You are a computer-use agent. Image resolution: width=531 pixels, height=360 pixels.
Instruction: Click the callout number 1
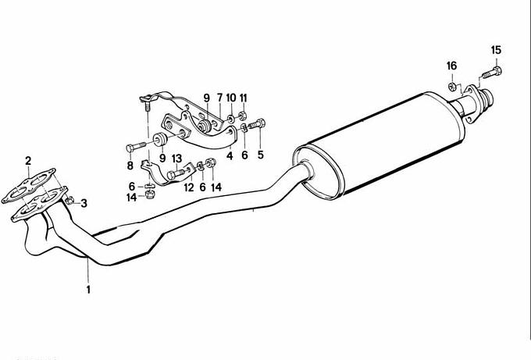tap(88, 290)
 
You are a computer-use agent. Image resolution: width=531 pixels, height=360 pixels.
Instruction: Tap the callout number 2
tap(28, 161)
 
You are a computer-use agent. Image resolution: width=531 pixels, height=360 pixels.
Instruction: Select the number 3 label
tap(84, 203)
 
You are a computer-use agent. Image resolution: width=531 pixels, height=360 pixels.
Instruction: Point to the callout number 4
tap(230, 155)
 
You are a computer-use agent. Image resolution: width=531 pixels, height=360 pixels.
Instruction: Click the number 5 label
tap(260, 155)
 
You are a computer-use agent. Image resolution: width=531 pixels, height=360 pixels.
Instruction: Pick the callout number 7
tap(219, 98)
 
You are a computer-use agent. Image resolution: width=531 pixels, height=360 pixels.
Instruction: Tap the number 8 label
tap(130, 166)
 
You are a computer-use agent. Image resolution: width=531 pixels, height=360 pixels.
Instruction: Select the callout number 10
tap(231, 98)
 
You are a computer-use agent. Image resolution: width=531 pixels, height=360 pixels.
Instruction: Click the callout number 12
tap(189, 187)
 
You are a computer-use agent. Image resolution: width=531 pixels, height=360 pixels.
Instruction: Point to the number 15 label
tap(496, 50)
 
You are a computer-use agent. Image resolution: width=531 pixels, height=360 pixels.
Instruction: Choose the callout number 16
tap(451, 66)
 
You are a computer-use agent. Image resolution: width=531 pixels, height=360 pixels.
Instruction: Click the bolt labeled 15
tap(492, 72)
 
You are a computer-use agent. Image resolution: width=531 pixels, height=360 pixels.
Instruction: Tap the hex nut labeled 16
tap(451, 87)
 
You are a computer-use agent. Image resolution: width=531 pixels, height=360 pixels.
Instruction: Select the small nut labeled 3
tap(69, 201)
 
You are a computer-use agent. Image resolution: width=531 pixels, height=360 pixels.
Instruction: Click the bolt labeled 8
tap(136, 148)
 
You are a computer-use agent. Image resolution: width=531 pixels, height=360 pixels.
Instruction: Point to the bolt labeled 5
tap(257, 124)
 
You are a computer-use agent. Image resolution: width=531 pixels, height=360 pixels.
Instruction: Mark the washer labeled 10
tap(230, 119)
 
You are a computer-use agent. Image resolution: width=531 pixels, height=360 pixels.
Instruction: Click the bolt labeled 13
tap(176, 174)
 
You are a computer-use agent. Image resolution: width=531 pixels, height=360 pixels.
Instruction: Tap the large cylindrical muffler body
tap(379, 145)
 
